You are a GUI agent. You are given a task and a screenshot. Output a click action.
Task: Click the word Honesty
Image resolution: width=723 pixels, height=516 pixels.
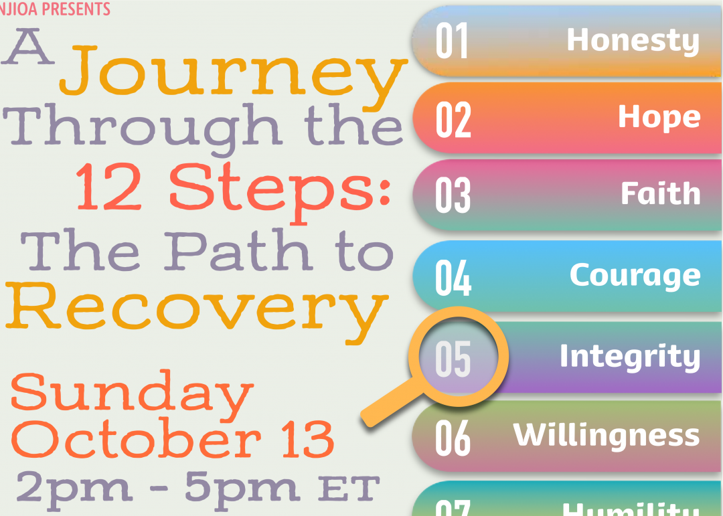point(633,40)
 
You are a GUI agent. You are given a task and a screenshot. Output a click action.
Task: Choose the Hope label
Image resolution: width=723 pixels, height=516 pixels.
point(659,117)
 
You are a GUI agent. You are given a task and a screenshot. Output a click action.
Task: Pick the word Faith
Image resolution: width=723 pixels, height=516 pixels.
point(660,194)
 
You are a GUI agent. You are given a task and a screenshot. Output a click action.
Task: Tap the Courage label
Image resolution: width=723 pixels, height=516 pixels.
point(635,274)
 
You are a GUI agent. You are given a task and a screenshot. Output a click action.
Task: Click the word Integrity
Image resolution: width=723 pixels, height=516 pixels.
point(629,356)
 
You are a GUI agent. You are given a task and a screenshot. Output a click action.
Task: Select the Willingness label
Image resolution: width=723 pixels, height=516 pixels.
point(606,435)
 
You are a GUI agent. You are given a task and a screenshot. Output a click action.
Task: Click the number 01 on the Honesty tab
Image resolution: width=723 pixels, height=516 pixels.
point(452,41)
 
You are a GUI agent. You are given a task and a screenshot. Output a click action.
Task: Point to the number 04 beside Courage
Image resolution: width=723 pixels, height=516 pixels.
point(453,278)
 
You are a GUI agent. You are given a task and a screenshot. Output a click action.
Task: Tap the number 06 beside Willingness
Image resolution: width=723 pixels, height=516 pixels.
point(453,438)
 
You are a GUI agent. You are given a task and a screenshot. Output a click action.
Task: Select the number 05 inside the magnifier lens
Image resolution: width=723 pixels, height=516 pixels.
point(453,359)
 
